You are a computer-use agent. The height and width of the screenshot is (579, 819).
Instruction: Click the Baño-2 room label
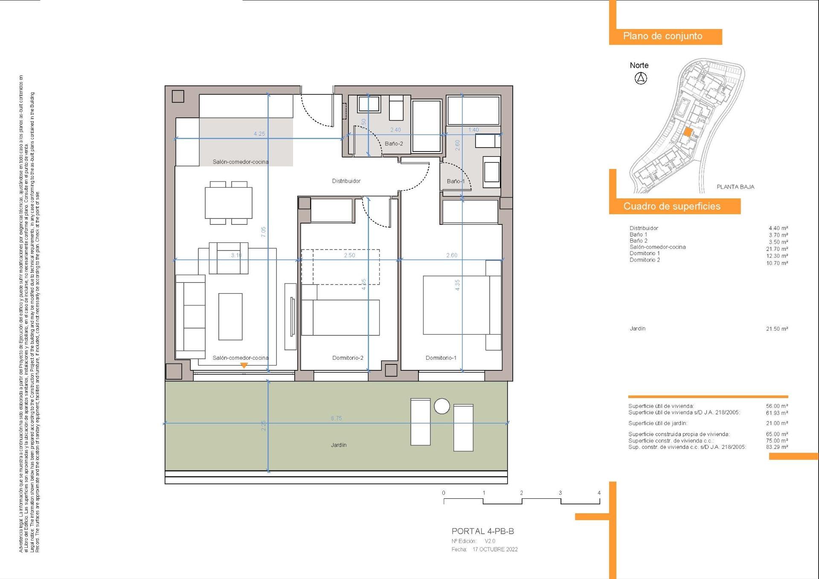[393, 144]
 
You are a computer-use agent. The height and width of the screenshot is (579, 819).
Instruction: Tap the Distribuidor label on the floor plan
[346, 181]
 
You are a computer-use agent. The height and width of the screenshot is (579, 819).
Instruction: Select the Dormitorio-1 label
[441, 358]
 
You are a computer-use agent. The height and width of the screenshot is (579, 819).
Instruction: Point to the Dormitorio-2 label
[348, 358]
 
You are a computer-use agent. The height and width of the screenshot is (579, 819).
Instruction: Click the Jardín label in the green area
[339, 445]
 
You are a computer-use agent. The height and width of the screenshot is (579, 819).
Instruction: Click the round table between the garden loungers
[442, 406]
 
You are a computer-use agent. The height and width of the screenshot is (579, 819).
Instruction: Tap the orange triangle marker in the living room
[244, 366]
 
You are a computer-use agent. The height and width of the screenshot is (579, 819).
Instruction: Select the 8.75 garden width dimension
[336, 419]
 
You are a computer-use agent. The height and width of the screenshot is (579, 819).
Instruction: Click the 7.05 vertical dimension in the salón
[264, 232]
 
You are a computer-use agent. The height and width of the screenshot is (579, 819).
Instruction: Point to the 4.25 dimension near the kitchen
[259, 134]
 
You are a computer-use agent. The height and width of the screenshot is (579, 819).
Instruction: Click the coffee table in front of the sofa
[230, 316]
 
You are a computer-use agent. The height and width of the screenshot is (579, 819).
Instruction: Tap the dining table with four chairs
[229, 203]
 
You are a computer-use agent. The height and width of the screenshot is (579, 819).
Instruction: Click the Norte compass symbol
[641, 79]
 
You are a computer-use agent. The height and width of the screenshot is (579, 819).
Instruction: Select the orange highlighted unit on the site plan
[687, 132]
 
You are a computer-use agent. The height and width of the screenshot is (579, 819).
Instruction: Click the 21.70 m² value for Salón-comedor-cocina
[777, 249]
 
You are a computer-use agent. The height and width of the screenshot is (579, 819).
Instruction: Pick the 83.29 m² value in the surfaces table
[777, 447]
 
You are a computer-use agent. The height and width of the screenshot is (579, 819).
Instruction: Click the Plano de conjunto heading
[662, 36]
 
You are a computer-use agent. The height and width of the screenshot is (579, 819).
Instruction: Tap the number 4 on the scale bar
[599, 493]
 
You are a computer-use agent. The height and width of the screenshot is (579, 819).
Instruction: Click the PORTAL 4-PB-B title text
[482, 531]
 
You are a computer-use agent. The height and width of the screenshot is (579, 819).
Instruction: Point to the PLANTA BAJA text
[735, 187]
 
